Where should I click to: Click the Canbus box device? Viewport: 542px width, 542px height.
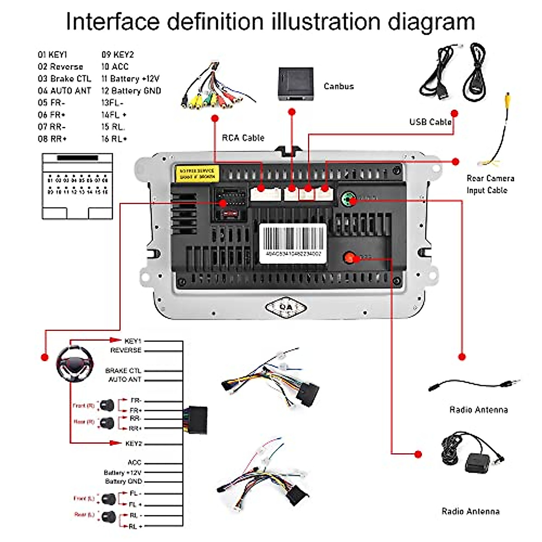295,84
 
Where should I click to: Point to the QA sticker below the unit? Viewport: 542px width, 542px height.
286,308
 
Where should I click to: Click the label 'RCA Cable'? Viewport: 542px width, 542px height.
243,138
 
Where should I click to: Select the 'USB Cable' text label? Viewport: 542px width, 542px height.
430,122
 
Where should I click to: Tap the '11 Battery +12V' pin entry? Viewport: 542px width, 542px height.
131,79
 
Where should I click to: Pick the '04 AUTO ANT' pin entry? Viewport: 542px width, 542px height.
64,91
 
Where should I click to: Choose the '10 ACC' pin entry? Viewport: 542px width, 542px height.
115,66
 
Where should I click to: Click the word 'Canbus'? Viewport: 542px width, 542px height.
339,86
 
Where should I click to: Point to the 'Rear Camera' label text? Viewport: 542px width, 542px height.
490,178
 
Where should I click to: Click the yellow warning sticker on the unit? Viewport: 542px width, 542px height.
197,173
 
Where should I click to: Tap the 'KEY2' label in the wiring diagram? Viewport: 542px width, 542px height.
134,444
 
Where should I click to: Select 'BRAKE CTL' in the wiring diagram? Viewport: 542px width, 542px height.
123,370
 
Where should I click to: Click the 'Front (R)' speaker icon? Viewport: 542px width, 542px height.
107,405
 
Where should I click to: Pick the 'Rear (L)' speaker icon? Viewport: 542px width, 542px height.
109,516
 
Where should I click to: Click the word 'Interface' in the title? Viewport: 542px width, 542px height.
113,22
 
